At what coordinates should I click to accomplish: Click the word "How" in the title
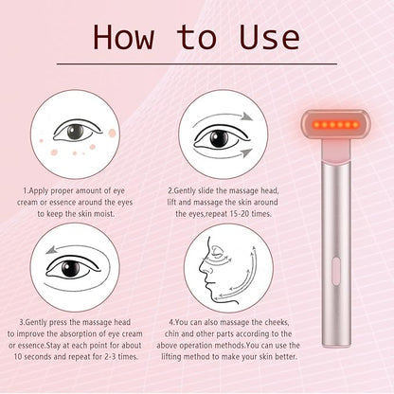tap(124, 37)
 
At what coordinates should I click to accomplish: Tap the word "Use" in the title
tap(270, 37)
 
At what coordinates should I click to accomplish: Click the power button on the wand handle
tap(336, 270)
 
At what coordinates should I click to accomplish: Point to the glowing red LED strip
tap(335, 125)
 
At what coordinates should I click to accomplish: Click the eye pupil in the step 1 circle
tap(75, 132)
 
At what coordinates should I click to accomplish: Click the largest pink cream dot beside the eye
tap(113, 134)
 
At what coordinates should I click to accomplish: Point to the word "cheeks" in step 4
tap(276, 322)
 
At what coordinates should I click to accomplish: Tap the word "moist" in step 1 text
tap(103, 214)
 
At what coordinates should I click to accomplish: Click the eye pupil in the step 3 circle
tap(70, 268)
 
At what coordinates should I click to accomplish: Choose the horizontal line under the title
tap(197, 64)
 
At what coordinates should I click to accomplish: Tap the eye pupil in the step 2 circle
tap(219, 139)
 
